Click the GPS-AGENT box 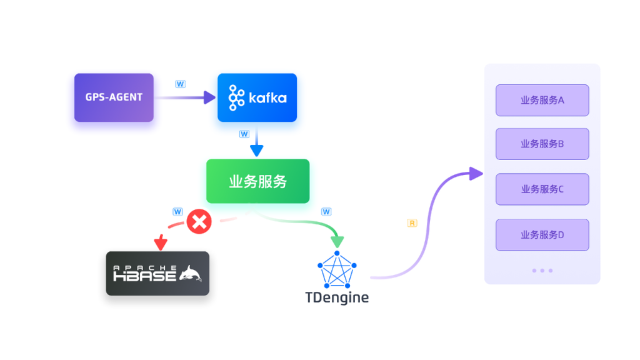coord(114,97)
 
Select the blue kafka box coord(257,97)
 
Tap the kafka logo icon coord(237,97)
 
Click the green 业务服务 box coord(257,181)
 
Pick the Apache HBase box coord(157,273)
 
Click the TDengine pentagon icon coord(337,270)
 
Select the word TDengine coord(337,297)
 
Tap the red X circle coord(199,221)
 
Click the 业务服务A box coord(542,100)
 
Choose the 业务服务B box coord(542,144)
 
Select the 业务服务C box coord(542,189)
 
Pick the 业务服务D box coord(542,235)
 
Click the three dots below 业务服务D coord(542,271)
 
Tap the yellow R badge coord(412,223)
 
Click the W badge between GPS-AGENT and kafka coord(180,84)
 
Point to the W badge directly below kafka coord(244,134)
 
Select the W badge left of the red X coord(177,212)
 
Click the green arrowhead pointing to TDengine coord(337,241)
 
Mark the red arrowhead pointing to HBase coord(161,241)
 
